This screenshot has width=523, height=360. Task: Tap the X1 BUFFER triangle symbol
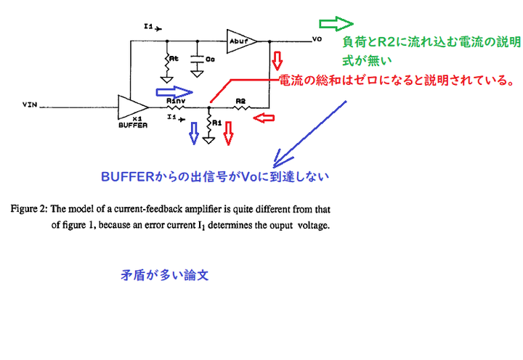[131, 107]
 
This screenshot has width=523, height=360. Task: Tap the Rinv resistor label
[174, 101]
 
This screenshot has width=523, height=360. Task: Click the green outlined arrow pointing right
[336, 22]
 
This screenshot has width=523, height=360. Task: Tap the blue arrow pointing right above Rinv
[175, 92]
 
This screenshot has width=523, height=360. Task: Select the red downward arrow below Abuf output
[277, 59]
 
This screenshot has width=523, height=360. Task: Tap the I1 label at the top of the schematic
[149, 27]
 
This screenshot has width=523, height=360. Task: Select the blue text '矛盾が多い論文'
[166, 276]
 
